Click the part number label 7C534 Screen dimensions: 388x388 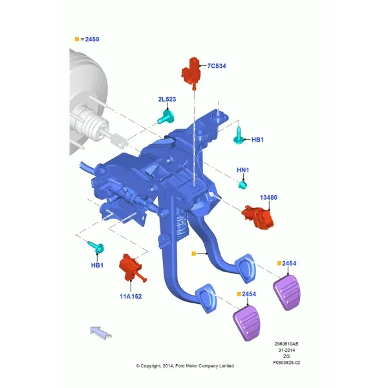coord(217,66)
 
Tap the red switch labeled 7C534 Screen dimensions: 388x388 coord(191,72)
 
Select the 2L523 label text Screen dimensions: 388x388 coord(167,99)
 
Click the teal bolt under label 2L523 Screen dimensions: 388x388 coord(166,117)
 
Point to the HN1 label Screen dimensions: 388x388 coord(242,170)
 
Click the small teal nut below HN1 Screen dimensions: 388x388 coord(242,184)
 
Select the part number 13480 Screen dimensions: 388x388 coord(268,197)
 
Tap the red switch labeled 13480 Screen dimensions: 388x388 coord(257,217)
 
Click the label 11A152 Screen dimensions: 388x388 coord(131,296)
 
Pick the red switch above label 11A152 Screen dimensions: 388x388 coord(132,268)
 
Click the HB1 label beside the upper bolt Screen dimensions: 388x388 coord(257,140)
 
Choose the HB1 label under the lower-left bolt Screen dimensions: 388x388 coord(97,265)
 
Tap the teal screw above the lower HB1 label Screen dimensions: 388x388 coord(96,247)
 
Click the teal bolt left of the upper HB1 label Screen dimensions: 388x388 coord(238,136)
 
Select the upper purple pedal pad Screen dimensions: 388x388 coord(286,292)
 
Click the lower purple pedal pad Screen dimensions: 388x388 coord(246,323)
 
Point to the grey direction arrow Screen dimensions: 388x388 coord(101,333)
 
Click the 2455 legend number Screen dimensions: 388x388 coord(92,39)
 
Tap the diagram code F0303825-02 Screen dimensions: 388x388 coord(286,363)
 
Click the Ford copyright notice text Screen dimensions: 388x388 coord(185,366)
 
